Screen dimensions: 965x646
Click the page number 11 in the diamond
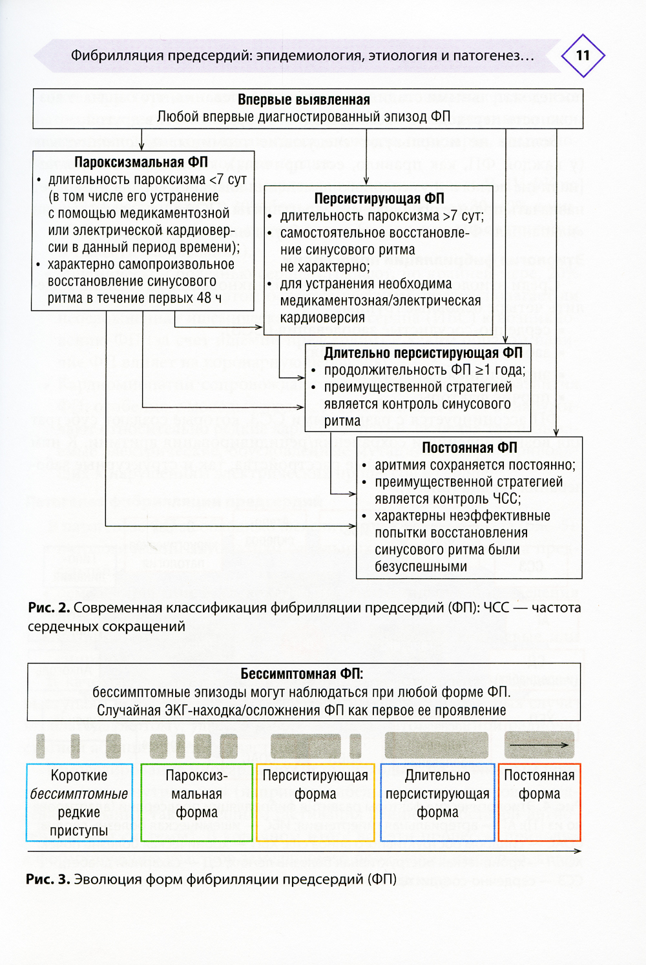click(x=583, y=56)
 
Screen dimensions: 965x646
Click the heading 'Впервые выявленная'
click(x=304, y=99)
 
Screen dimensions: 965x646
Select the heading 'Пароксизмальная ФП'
click(x=141, y=162)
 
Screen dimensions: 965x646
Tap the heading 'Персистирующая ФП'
click(x=379, y=198)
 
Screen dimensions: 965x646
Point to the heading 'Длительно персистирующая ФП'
click(x=423, y=353)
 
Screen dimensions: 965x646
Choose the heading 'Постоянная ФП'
click(x=470, y=448)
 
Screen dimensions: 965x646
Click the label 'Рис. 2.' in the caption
click(x=48, y=608)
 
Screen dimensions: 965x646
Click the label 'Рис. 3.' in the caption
click(x=47, y=879)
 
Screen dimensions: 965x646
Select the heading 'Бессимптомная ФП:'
click(x=302, y=674)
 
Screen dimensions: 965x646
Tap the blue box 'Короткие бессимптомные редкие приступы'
click(x=79, y=803)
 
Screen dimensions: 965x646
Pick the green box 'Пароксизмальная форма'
click(x=196, y=803)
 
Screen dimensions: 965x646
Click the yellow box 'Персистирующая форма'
click(x=315, y=803)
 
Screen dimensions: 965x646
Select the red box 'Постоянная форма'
click(x=539, y=803)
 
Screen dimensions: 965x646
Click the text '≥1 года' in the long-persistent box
click(x=500, y=370)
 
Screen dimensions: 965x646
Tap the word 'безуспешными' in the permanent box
click(x=421, y=566)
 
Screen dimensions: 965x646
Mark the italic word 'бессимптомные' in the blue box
click(x=79, y=794)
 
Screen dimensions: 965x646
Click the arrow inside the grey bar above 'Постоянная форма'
click(x=538, y=745)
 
